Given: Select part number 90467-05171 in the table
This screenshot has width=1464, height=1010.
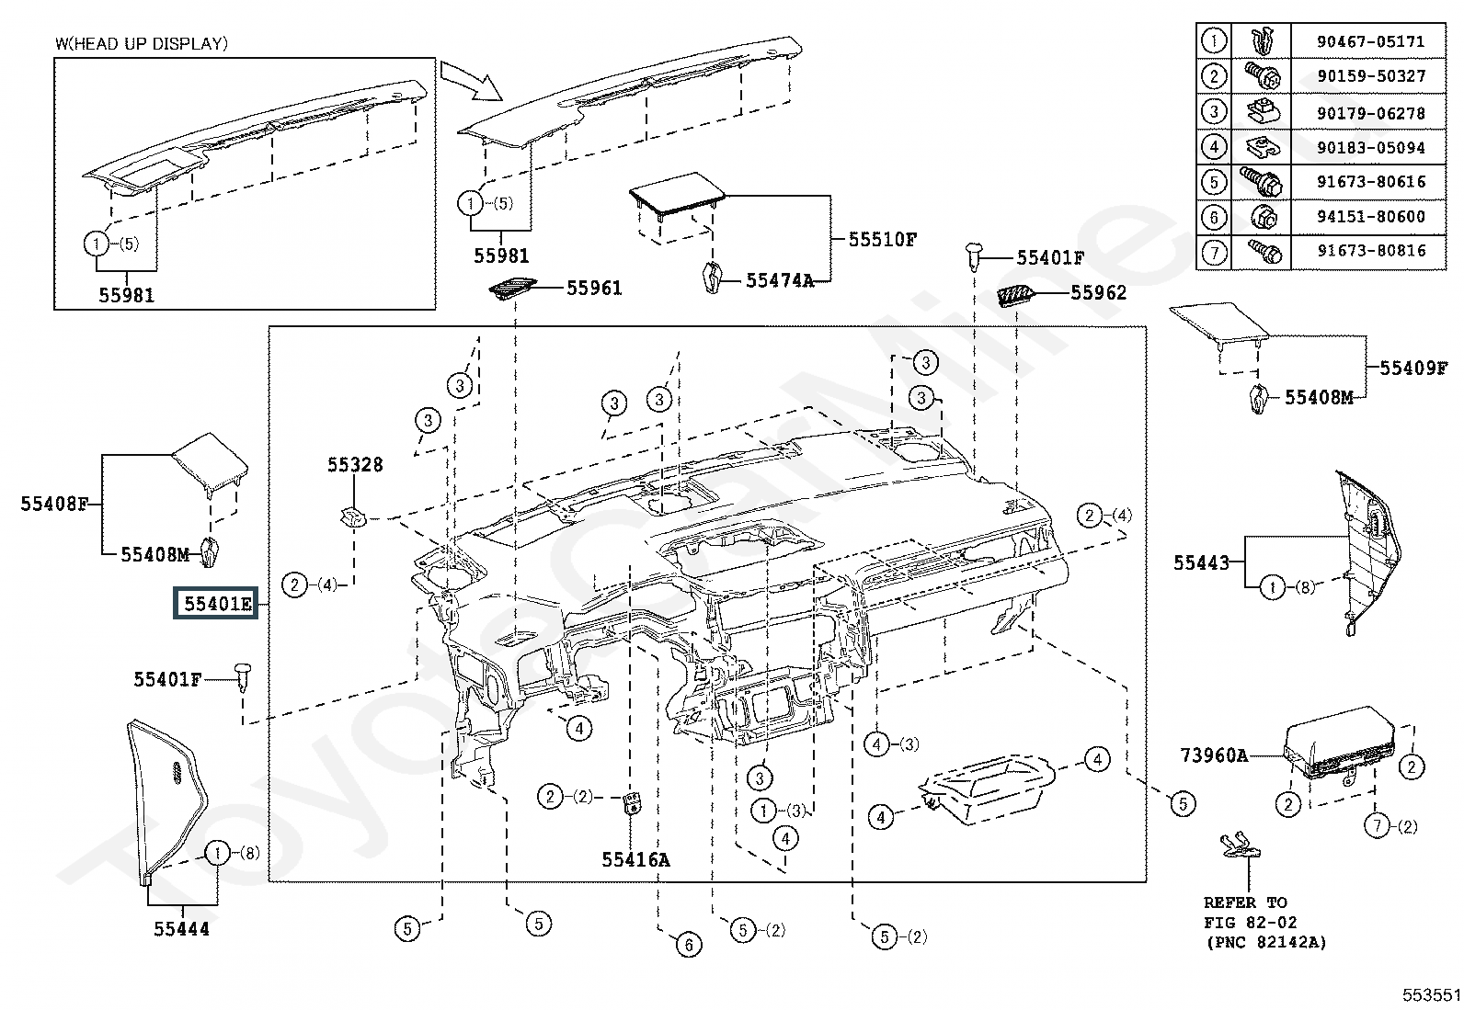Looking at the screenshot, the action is click(x=1370, y=41).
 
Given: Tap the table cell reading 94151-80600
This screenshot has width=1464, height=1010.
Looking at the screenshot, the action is click(x=1370, y=216).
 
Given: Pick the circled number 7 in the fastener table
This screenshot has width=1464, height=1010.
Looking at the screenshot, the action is click(x=1214, y=252).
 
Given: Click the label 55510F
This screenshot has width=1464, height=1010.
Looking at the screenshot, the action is click(x=882, y=240).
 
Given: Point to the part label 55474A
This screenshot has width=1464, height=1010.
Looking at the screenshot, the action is click(x=780, y=280).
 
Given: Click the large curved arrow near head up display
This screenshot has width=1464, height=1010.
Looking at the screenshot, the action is click(x=471, y=81).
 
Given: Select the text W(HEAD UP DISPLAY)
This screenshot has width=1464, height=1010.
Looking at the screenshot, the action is click(x=142, y=43).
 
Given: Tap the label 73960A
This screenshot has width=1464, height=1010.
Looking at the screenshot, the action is click(x=1214, y=755).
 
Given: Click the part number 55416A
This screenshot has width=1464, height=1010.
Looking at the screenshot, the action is click(x=636, y=860).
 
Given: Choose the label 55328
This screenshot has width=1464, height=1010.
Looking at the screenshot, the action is click(x=355, y=464).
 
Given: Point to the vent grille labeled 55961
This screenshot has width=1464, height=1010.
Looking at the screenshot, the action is click(x=512, y=289).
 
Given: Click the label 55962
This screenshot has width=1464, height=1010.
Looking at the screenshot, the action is click(x=1099, y=292).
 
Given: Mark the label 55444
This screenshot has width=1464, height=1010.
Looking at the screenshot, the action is click(x=182, y=928).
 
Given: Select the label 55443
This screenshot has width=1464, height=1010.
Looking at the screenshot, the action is click(x=1201, y=562).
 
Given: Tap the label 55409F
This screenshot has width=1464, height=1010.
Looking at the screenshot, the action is click(x=1413, y=368).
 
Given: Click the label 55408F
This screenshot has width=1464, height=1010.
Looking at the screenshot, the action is click(x=54, y=504).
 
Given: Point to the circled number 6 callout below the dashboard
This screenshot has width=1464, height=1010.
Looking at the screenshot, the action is click(x=688, y=945).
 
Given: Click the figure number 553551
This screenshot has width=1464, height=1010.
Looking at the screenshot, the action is click(x=1431, y=994).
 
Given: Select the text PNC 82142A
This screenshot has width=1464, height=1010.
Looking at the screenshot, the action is click(x=1266, y=942).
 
